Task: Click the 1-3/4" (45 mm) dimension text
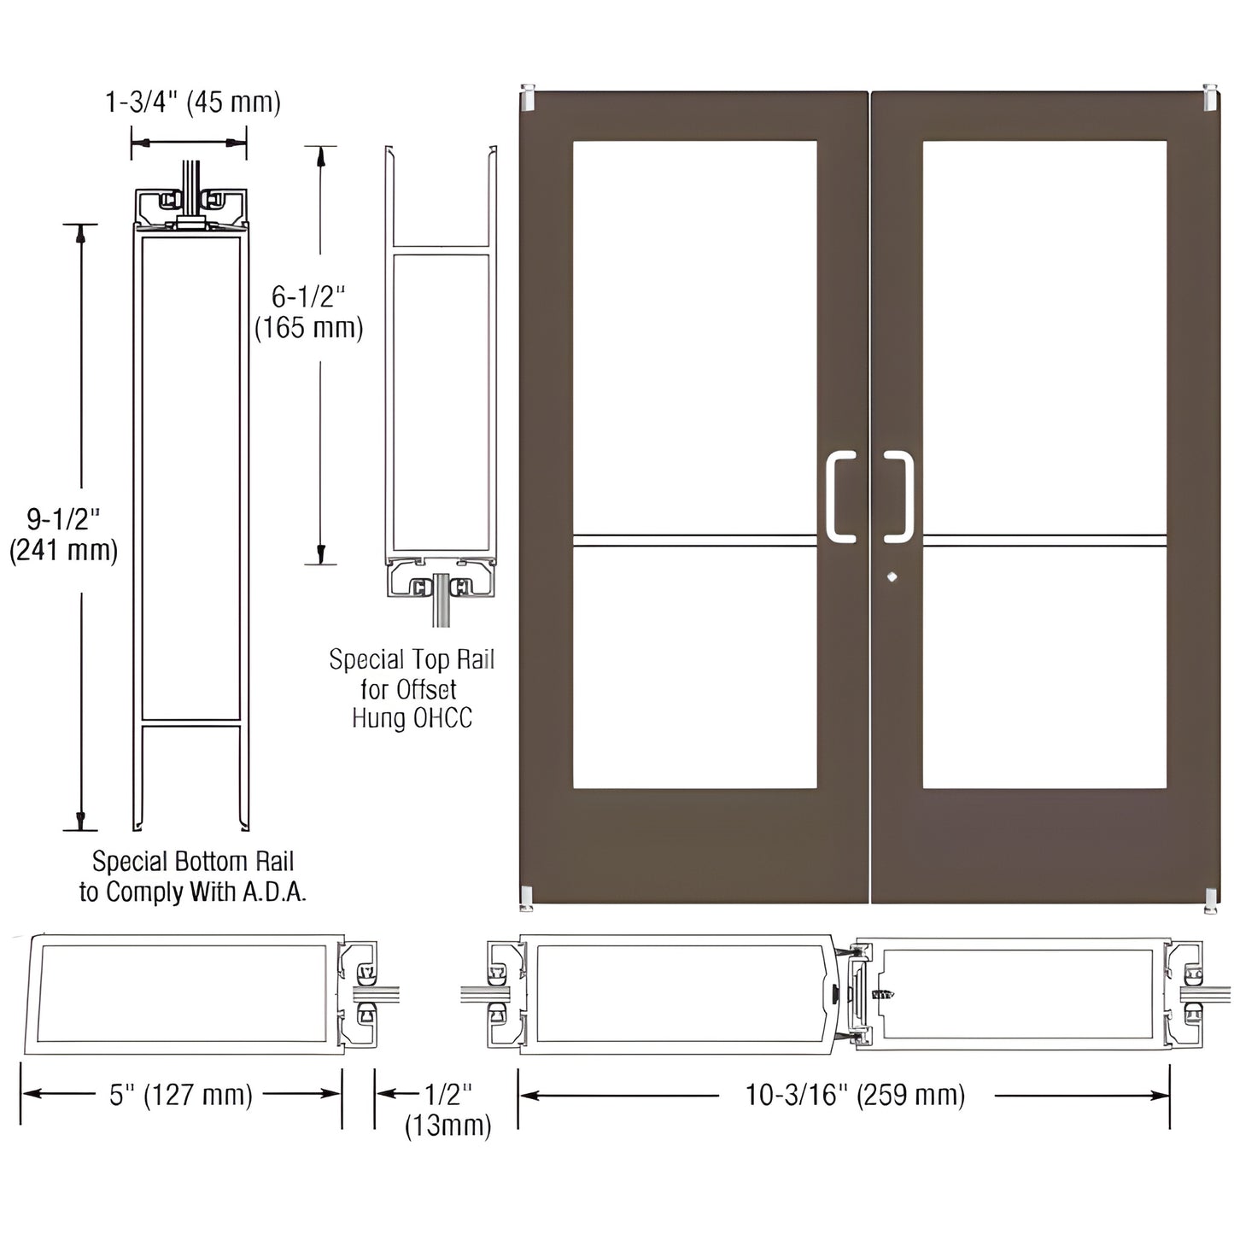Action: [192, 102]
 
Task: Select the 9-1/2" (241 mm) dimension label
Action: [63, 535]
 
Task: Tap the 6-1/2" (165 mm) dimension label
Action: [308, 313]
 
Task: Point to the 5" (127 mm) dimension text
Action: [181, 1095]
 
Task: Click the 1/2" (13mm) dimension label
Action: [447, 1109]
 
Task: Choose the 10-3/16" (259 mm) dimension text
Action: [855, 1095]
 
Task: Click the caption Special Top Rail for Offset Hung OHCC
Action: [412, 688]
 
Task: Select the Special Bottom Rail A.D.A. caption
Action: [192, 877]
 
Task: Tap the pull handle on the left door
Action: [839, 496]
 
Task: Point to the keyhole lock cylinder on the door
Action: [892, 576]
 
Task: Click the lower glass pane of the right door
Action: [1044, 667]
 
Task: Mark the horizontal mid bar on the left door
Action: [694, 540]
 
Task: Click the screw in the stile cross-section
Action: [881, 994]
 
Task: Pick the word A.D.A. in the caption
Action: [272, 892]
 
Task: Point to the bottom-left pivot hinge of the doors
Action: [527, 898]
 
